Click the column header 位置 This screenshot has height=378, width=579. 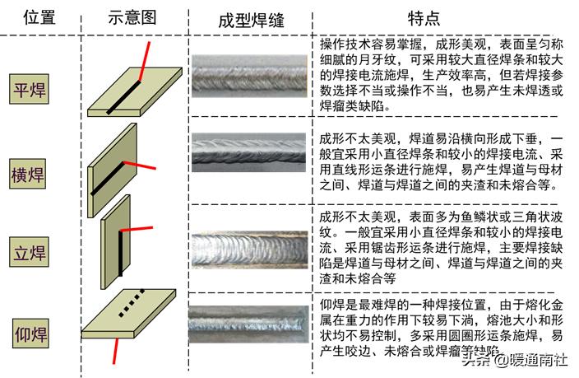(x=30, y=18)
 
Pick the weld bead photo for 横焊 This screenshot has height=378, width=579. (x=251, y=152)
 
